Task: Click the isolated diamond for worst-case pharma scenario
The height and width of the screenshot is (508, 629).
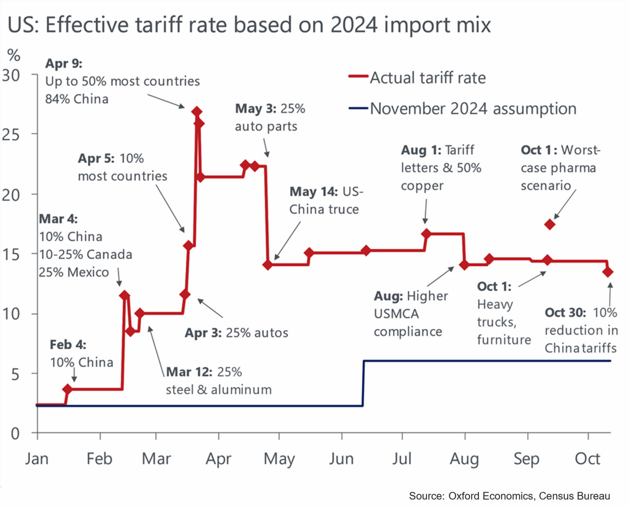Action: tap(550, 224)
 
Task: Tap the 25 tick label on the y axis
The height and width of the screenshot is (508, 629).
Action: tap(11, 134)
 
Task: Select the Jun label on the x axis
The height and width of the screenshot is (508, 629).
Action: tap(341, 459)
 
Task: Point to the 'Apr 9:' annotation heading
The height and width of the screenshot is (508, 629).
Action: tap(63, 64)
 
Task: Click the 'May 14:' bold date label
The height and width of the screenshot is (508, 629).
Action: tap(314, 191)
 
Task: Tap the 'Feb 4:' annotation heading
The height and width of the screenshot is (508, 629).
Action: tap(68, 345)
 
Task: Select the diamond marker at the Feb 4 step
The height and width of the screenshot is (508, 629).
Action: tap(68, 389)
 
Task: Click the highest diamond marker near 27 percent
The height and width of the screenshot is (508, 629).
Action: tap(197, 112)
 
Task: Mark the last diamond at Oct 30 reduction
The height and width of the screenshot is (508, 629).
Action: tap(608, 271)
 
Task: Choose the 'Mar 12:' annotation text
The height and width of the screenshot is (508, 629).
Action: tap(189, 372)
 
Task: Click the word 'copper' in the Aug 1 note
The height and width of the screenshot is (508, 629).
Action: tap(422, 186)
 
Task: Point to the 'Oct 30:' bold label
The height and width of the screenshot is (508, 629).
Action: tap(565, 312)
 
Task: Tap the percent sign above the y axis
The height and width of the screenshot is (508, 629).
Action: tap(14, 55)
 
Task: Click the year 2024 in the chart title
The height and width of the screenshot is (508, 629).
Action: tap(354, 25)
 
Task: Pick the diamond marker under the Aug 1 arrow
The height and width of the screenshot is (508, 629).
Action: tap(426, 234)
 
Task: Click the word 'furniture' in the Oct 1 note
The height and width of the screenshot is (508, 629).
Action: tap(504, 340)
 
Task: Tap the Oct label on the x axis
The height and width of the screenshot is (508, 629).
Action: tap(587, 459)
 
